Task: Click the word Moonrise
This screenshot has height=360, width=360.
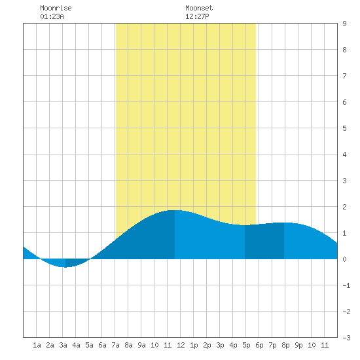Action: click(x=56, y=8)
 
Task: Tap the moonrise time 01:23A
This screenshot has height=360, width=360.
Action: click(x=52, y=16)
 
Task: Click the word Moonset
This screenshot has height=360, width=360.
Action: click(x=199, y=8)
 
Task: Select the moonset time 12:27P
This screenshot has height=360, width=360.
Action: click(x=197, y=16)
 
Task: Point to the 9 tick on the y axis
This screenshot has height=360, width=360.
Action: click(x=344, y=24)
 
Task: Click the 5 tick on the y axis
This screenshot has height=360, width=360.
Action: click(x=344, y=128)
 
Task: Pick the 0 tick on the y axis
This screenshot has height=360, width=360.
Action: click(x=344, y=259)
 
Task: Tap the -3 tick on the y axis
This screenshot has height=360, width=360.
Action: click(x=347, y=338)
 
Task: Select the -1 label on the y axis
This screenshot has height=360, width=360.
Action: click(x=347, y=285)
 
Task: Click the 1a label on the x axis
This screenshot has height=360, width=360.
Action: click(x=37, y=345)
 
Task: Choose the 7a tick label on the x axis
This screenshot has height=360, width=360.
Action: click(x=115, y=345)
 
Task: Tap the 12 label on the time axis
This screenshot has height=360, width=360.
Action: click(x=181, y=345)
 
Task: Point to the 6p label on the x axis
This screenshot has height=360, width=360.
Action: click(x=259, y=345)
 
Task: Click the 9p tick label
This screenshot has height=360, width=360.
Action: click(x=298, y=345)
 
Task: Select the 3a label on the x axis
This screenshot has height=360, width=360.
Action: click(x=63, y=345)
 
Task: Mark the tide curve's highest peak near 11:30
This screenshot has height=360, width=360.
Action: click(x=175, y=210)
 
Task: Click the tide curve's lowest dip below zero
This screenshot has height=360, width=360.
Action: click(x=65, y=267)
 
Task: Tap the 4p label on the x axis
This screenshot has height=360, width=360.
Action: click(x=233, y=345)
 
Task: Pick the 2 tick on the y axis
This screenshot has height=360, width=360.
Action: click(x=344, y=207)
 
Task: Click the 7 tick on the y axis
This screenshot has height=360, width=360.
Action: click(x=344, y=76)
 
